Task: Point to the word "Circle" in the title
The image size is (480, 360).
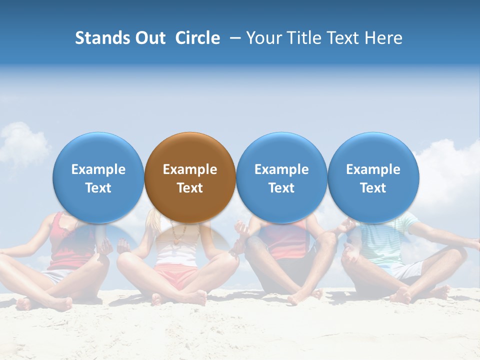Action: (x=197, y=38)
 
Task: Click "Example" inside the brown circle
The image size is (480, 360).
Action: (x=190, y=169)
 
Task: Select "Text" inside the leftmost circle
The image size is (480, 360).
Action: (x=98, y=188)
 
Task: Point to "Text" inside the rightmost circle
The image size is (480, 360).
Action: (x=373, y=188)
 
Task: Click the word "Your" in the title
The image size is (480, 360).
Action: (x=263, y=38)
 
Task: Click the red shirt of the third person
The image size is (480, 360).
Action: (x=285, y=240)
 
